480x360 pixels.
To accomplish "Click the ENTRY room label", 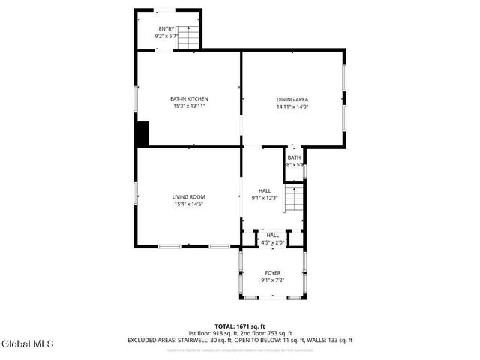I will point(165,28).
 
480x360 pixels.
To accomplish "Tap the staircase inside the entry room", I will point(188,37).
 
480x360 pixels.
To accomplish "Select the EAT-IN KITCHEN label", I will point(189,99).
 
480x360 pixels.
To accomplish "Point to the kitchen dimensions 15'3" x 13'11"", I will point(189,106).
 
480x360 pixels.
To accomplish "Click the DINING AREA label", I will point(292,99).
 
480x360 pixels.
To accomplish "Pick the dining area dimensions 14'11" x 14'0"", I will point(292,106).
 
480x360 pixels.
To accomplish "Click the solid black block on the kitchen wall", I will point(142,133).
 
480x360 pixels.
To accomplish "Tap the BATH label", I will point(293,157).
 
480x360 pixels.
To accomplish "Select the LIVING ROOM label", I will point(189,196).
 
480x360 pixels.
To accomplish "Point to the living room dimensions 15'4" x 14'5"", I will point(189,204).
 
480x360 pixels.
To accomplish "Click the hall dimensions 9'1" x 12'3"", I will point(265,198).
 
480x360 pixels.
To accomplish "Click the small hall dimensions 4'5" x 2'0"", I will point(272,242).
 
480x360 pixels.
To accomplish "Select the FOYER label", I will point(272,273).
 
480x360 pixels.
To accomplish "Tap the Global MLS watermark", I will point(28,344).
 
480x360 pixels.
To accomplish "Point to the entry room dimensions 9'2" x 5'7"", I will point(165,36).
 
